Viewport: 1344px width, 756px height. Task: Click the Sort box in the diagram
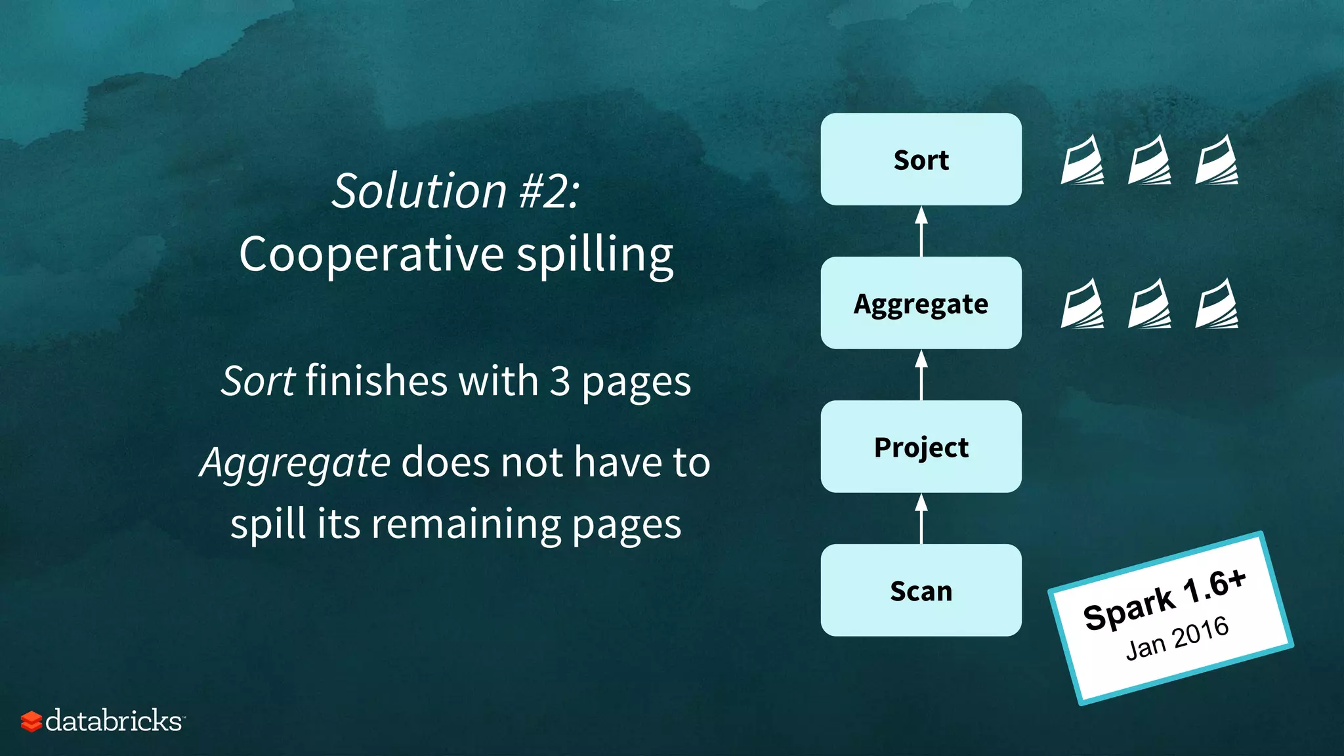[921, 159]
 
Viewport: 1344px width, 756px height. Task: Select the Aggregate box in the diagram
[921, 303]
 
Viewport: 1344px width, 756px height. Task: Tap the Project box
[921, 447]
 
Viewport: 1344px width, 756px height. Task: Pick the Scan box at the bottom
[921, 591]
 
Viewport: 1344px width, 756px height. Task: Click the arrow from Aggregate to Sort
[921, 231]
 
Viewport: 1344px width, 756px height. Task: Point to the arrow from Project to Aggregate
[921, 375]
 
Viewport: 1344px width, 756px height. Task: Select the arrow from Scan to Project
[921, 518]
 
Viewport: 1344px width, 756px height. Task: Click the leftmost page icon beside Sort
[1082, 159]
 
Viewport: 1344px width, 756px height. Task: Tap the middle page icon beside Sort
[1149, 159]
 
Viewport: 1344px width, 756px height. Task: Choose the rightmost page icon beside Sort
[1216, 159]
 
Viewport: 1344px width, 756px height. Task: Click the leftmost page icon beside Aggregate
[1082, 303]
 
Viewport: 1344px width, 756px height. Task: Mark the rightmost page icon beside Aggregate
[1216, 303]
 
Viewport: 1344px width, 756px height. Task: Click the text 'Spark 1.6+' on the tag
[1164, 600]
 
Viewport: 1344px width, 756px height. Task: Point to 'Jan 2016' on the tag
[1177, 639]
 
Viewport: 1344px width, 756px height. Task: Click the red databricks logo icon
[31, 721]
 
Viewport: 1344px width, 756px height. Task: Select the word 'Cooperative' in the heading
[371, 255]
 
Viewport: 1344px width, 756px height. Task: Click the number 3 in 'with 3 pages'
[560, 381]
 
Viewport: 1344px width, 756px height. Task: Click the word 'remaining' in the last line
[465, 524]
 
